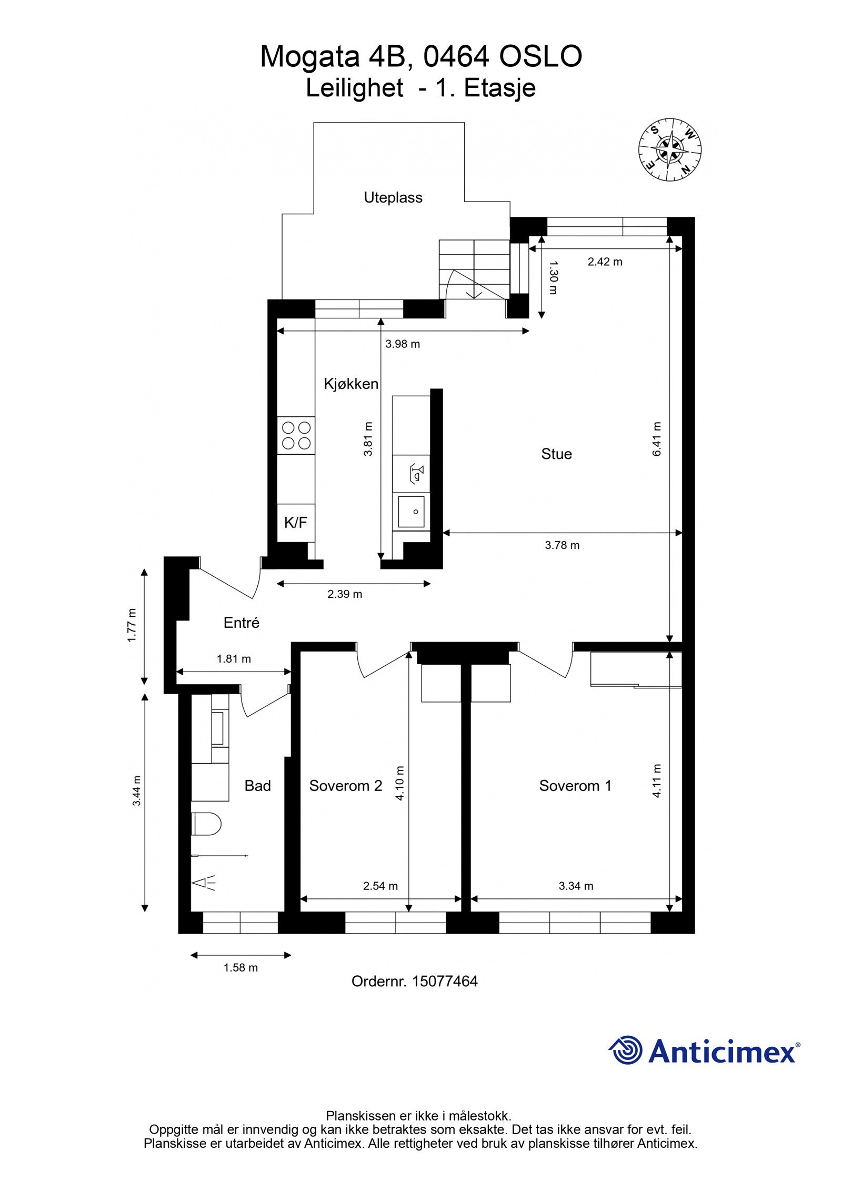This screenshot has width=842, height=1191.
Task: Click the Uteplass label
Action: (x=393, y=198)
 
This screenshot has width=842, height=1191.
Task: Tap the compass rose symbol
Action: (x=670, y=149)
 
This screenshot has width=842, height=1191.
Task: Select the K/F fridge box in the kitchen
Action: (x=295, y=523)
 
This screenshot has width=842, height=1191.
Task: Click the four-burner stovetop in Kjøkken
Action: (x=296, y=436)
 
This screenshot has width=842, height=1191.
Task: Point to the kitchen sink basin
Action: (x=411, y=511)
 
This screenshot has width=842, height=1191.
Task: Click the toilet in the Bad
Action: (x=206, y=824)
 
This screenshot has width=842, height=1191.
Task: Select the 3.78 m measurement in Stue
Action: (x=562, y=545)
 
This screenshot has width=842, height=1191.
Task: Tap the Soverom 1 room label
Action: (x=575, y=786)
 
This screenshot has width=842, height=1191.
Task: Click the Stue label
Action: (x=556, y=454)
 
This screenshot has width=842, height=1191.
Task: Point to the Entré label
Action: (x=241, y=623)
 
